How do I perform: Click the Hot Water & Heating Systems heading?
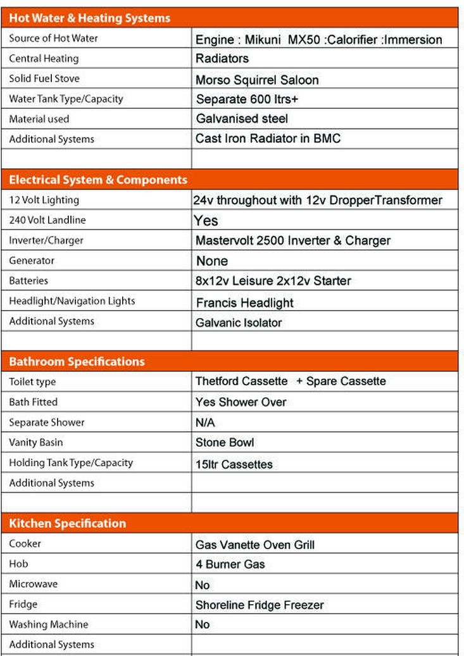pos(89,18)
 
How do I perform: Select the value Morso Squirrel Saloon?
pos(256,80)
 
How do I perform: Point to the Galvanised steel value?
pos(242,119)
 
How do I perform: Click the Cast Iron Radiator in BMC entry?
pos(268,139)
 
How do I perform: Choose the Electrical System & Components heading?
pos(98,180)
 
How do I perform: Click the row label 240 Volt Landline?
pos(47,220)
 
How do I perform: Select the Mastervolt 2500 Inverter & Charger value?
pos(292,240)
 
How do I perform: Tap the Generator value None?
pos(212,261)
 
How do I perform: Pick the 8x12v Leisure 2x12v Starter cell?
pos(273,281)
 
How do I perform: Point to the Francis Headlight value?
pos(244,302)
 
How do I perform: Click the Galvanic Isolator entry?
pos(239,323)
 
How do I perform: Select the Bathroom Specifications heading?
pos(77,362)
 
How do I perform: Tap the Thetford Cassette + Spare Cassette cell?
pos(290,381)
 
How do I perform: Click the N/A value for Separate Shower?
pos(205,422)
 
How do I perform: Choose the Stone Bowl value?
pos(225,442)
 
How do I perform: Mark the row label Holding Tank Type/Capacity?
pos(71,462)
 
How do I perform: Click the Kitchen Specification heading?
pos(67,523)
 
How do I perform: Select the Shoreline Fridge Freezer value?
pos(260,605)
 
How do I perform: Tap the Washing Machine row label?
pos(49,624)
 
